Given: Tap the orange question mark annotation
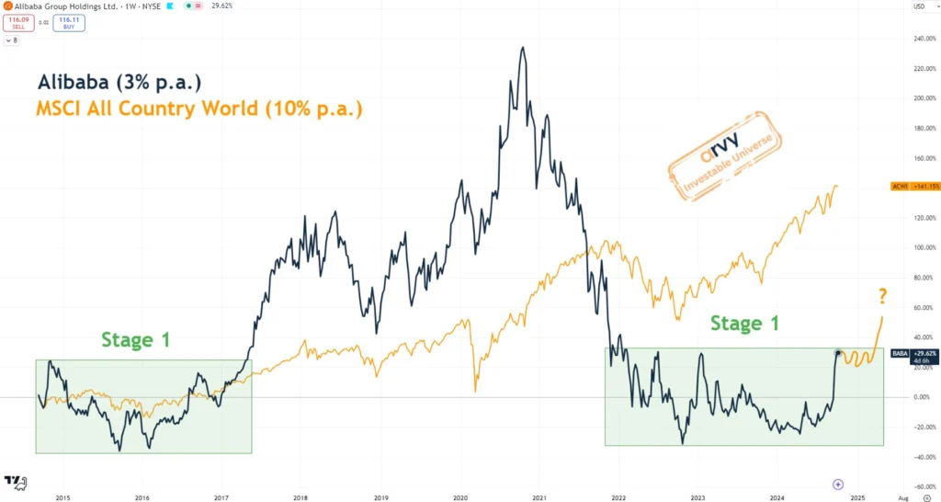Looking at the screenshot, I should [x=882, y=296].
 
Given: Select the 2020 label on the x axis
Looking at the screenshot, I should [x=460, y=498].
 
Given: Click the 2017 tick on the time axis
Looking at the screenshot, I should [x=221, y=498].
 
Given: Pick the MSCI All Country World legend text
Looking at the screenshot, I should [x=198, y=108].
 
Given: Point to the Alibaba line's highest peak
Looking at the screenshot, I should [x=523, y=48].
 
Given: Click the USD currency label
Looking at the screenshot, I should [x=919, y=6].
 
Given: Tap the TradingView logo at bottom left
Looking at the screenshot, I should [x=15, y=481].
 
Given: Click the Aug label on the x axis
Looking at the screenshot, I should [x=901, y=498].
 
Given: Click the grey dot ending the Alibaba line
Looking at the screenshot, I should [x=837, y=352].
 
